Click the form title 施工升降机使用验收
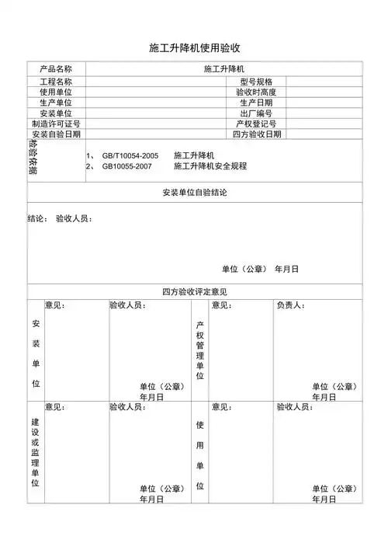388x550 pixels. [194, 48]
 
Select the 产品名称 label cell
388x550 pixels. [56, 69]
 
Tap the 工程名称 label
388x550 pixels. [56, 82]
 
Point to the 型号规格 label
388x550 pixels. [256, 82]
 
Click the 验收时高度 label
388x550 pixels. [256, 92]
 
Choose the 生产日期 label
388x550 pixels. [256, 103]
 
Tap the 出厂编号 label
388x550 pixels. [256, 113]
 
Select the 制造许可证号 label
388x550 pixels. [56, 124]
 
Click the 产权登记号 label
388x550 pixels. [256, 124]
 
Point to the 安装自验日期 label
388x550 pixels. [56, 134]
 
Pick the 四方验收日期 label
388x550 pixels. [257, 134]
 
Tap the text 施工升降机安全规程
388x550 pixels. [210, 166]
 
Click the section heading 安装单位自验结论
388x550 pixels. [194, 192]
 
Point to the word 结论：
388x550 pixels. [38, 219]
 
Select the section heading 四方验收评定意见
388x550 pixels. [194, 291]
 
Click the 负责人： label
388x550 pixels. [291, 305]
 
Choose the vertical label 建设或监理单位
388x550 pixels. [35, 451]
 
